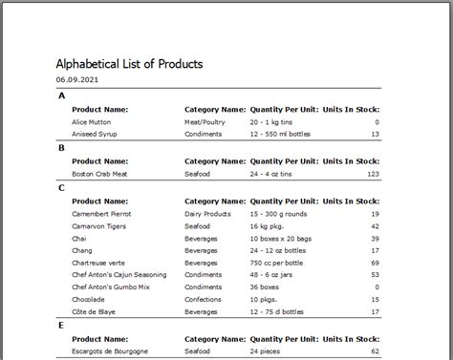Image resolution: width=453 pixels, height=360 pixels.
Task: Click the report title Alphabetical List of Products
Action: pos(129,63)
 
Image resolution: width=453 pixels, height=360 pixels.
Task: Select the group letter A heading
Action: pos(61,95)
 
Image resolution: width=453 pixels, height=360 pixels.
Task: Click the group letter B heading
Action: pos(61,148)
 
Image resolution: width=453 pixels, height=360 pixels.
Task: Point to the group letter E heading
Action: pos(61,325)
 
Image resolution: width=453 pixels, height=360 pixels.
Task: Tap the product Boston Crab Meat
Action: pos(101,175)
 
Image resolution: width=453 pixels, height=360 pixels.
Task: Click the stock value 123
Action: pos(373,175)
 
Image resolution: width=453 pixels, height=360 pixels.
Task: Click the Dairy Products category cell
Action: pos(207,214)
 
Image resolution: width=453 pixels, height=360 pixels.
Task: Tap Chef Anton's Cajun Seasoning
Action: pos(119,275)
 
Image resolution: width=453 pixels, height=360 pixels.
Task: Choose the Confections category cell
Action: pos(204,300)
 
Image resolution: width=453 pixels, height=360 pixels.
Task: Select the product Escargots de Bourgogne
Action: pos(110,351)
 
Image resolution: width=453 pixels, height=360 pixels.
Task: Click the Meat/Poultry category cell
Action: pos(205,122)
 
